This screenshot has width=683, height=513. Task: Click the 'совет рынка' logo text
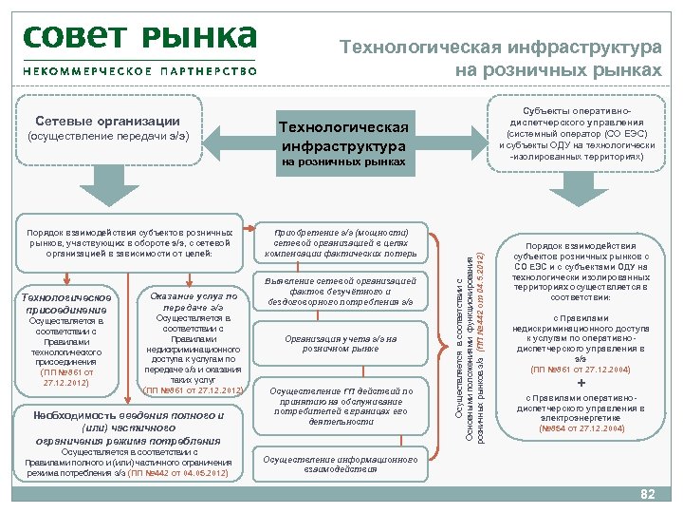pos(139,38)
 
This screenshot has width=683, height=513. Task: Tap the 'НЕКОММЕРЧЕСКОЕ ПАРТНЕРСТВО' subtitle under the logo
pos(139,71)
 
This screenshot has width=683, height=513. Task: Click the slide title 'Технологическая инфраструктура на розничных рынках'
pos(501,58)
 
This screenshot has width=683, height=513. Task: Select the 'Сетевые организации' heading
pos(107,122)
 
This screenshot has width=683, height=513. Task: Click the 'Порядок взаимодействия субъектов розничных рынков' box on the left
pos(131,242)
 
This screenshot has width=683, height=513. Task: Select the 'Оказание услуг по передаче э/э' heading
pos(193,302)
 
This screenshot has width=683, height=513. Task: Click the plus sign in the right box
pos(581,383)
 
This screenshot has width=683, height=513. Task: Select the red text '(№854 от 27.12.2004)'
pos(581,428)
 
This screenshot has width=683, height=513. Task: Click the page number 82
pos(648,494)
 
